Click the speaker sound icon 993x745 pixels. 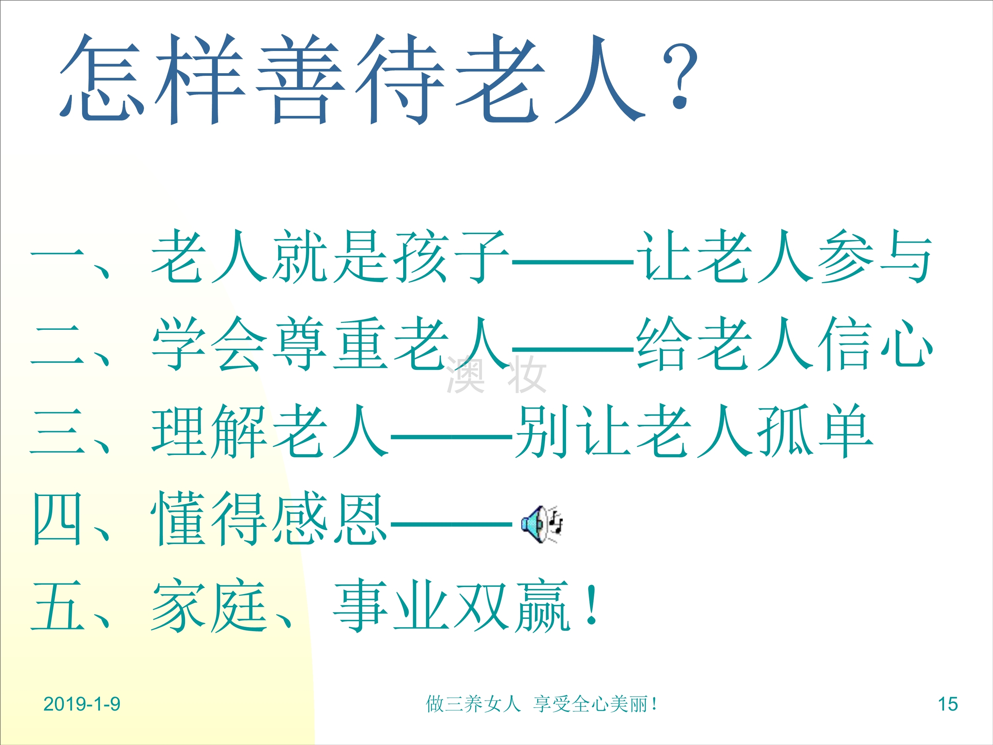click(542, 524)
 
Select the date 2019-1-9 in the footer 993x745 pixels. click(82, 704)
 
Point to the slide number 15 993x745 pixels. click(948, 704)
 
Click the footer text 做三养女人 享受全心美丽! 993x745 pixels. click(542, 704)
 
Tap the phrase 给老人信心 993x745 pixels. click(785, 344)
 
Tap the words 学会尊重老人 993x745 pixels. click(330, 344)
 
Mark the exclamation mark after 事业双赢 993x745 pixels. click(592, 604)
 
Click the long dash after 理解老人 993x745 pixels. click(451, 436)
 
